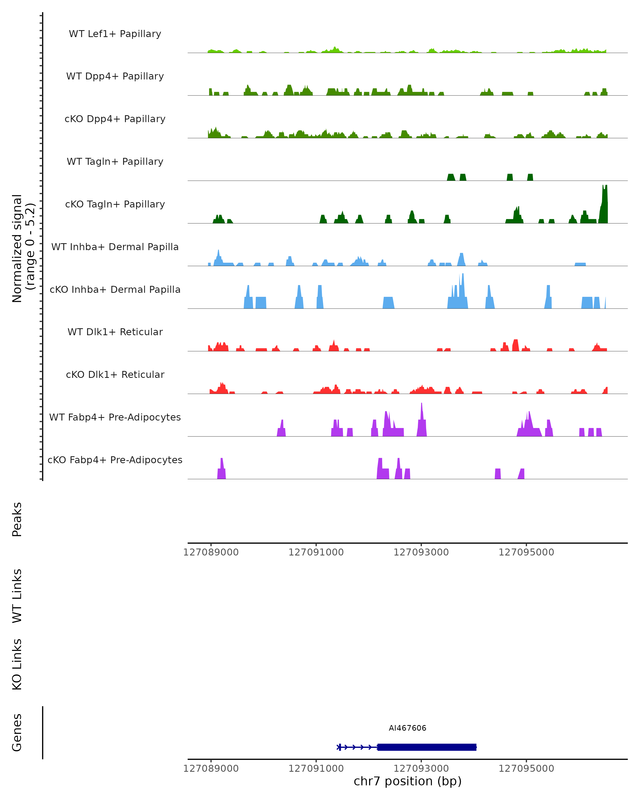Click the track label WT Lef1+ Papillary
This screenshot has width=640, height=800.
(x=115, y=34)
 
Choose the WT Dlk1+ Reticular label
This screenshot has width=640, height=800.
(x=115, y=332)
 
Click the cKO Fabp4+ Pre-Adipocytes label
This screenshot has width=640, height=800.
(x=115, y=460)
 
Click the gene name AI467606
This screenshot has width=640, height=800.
(x=407, y=728)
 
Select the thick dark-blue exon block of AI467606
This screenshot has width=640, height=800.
(x=427, y=747)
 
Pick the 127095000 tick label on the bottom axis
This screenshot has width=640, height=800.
(x=526, y=769)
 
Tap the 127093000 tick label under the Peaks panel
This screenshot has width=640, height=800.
(x=421, y=552)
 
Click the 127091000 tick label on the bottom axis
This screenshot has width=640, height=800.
(x=316, y=769)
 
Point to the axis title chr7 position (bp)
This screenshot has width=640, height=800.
(x=407, y=781)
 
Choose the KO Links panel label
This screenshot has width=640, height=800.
(x=17, y=664)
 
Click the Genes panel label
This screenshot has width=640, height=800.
(x=17, y=733)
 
